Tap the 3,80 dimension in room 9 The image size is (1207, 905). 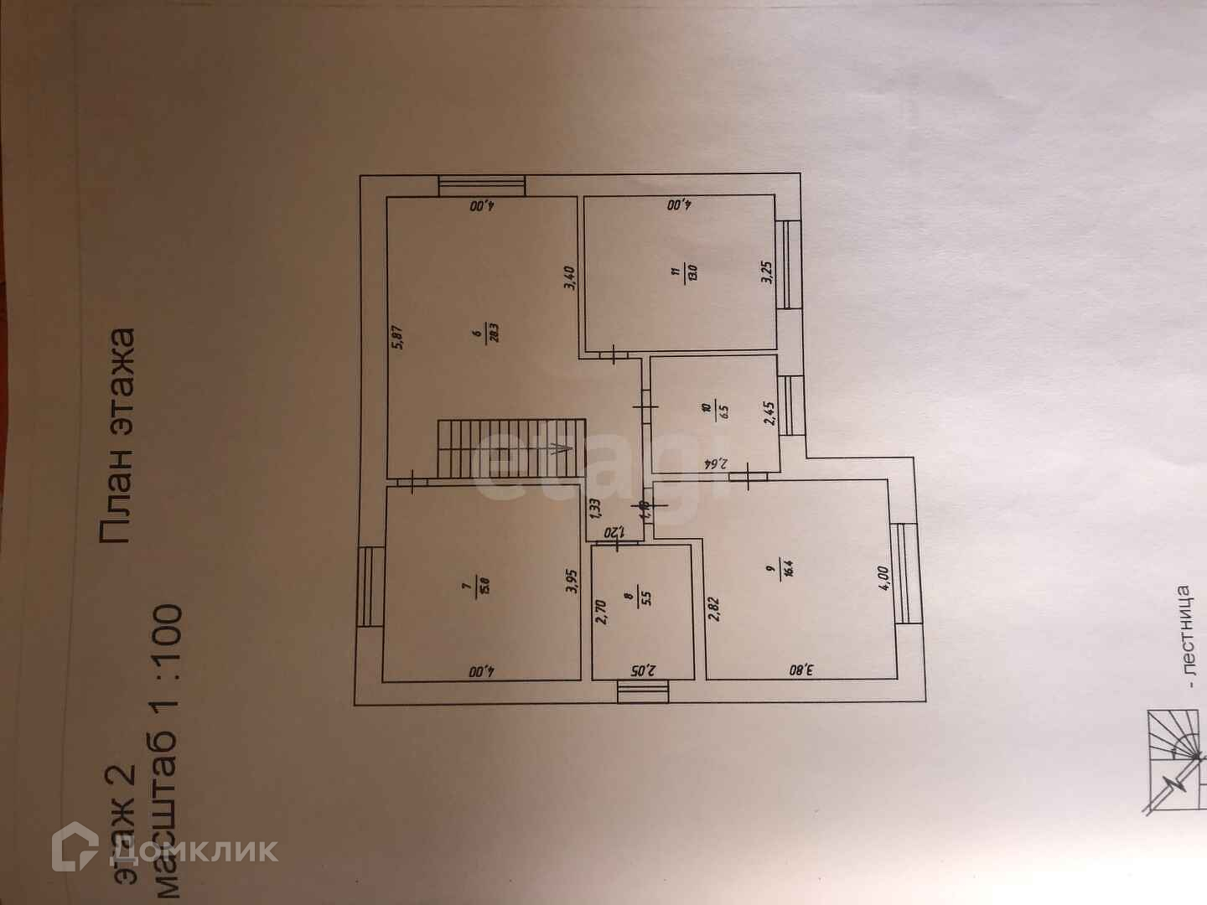point(800,670)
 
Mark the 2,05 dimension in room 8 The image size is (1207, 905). point(642,670)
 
